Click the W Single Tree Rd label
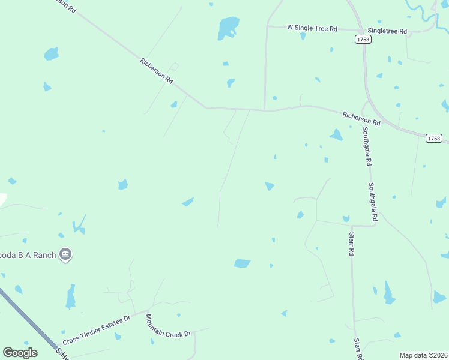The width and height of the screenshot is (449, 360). click(x=312, y=28)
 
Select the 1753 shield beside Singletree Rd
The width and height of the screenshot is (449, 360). click(x=363, y=39)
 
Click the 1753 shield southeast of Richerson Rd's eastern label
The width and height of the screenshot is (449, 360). click(x=434, y=138)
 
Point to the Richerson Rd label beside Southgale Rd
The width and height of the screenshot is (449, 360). click(x=361, y=118)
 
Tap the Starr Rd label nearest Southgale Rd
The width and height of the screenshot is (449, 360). click(x=351, y=242)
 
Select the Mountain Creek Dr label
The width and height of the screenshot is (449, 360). click(x=168, y=325)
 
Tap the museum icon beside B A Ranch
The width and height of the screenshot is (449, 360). click(x=66, y=255)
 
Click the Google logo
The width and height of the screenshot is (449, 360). click(x=20, y=353)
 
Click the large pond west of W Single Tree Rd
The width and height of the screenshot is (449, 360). click(x=228, y=27)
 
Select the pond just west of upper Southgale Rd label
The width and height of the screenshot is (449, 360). click(x=336, y=135)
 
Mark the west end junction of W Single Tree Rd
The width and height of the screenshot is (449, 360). click(x=267, y=26)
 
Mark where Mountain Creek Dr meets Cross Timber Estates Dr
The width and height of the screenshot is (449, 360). click(x=148, y=312)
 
